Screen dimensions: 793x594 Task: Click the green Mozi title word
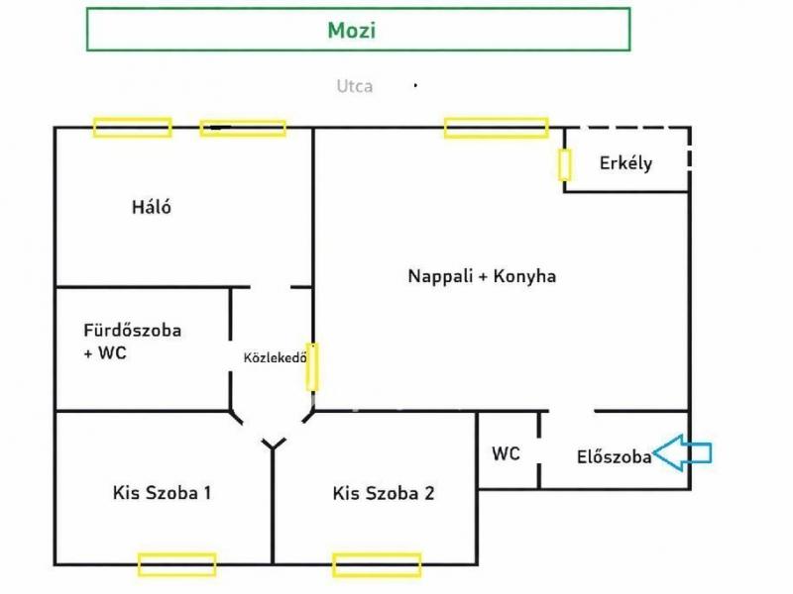pos(352,31)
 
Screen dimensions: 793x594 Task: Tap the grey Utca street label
pos(355,86)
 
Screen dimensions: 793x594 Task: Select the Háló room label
pos(152,207)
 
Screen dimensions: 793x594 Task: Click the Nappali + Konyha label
pos(482,276)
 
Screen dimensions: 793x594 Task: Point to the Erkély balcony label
pos(626,162)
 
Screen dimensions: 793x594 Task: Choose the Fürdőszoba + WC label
pos(133,342)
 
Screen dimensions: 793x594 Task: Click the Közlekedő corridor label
pos(276,357)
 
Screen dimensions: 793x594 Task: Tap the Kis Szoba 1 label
pos(162,492)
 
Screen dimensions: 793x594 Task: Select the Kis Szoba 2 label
pos(384,493)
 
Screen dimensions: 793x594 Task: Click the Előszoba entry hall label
pos(614,456)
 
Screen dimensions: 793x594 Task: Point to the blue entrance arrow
pos(682,453)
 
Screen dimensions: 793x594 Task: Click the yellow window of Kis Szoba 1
pos(177,564)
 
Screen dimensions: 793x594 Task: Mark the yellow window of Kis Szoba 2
pos(377,565)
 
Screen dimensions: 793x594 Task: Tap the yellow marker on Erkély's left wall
pos(565,164)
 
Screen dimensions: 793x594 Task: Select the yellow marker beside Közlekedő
pos(312,366)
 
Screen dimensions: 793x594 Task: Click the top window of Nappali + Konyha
pos(497,128)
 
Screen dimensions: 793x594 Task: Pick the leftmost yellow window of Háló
pos(132,128)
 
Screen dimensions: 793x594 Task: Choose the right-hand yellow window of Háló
pos(243,129)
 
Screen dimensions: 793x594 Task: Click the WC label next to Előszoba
pos(506,453)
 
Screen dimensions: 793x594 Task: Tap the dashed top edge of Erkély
pos(627,128)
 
